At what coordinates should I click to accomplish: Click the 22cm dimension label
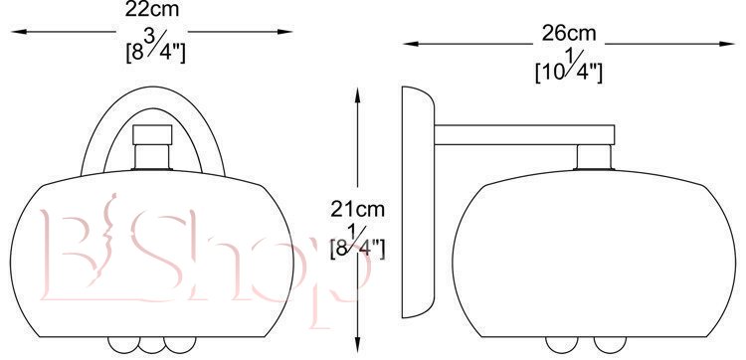tap(152, 9)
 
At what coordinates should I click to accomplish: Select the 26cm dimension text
tap(569, 33)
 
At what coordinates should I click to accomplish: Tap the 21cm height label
tap(358, 209)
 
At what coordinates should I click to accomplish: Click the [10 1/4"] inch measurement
tap(569, 67)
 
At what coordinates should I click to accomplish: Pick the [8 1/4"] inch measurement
tap(358, 243)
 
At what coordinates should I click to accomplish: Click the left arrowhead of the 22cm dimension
tap(18, 32)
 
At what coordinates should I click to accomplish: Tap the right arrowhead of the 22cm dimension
tap(285, 32)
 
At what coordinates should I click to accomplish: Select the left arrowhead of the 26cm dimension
tap(410, 44)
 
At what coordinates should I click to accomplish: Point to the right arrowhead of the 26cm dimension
tap(727, 44)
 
